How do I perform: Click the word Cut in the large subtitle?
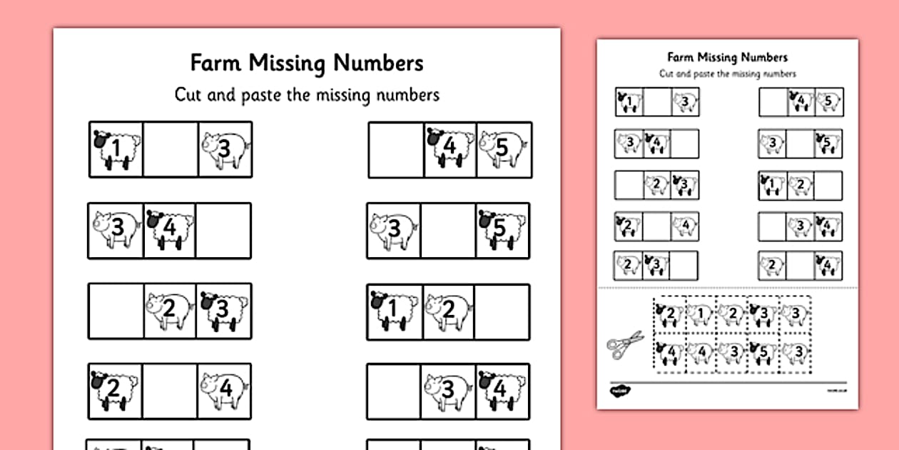click(x=191, y=95)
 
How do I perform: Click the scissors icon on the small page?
click(x=626, y=344)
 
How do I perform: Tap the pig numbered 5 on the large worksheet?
click(x=503, y=149)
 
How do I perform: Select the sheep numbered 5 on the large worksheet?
click(x=502, y=230)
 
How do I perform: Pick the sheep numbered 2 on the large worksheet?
click(x=116, y=391)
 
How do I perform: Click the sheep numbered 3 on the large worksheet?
click(x=223, y=311)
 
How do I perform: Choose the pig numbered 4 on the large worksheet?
click(x=224, y=391)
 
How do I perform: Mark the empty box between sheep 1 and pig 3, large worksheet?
click(x=171, y=149)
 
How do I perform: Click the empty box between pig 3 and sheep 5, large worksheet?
click(x=448, y=230)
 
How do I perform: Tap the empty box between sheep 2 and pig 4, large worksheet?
click(x=171, y=391)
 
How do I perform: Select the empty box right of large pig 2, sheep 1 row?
click(x=503, y=311)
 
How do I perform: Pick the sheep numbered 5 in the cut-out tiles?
click(x=764, y=352)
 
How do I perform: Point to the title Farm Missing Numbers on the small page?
click(x=727, y=57)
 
